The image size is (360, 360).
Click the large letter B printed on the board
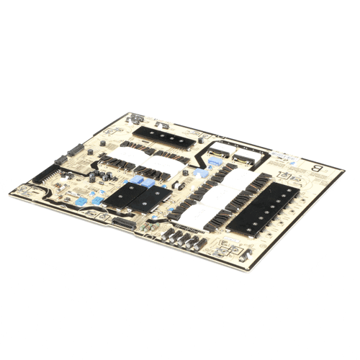(316, 169)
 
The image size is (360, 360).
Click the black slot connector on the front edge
(123, 225)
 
